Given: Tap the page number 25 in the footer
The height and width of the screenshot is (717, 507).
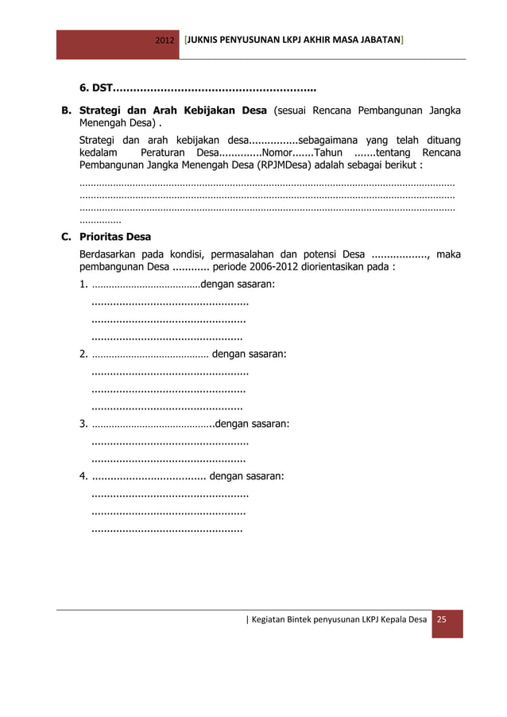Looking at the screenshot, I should click(x=443, y=618).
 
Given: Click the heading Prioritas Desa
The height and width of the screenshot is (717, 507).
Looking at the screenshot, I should click(x=114, y=237).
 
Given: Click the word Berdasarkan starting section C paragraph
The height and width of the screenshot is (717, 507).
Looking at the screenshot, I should click(x=109, y=254).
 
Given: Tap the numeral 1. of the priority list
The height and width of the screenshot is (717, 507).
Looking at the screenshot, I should click(x=83, y=284).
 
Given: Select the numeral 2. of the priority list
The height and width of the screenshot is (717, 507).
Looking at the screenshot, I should click(x=83, y=354).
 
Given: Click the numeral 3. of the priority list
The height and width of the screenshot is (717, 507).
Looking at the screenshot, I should click(x=83, y=424).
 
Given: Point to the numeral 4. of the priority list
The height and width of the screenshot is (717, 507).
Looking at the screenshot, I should click(x=83, y=476).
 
